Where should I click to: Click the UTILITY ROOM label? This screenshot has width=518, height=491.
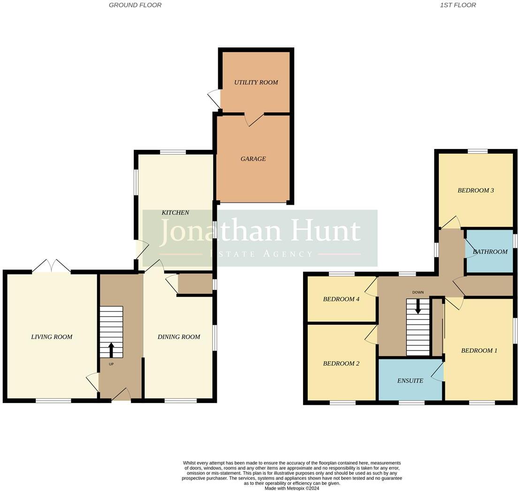(256, 82)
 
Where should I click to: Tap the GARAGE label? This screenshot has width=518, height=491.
(253, 159)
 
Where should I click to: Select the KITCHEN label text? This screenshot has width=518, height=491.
(175, 213)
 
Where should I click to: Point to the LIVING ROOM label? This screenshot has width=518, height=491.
(52, 337)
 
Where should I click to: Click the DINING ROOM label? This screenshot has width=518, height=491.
(179, 337)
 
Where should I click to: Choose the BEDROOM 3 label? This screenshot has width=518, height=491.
(475, 191)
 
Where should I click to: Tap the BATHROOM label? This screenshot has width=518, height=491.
(490, 252)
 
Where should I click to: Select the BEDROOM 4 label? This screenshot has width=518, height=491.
(341, 299)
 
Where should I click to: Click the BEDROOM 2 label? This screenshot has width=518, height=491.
(341, 364)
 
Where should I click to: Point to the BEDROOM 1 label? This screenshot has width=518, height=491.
(479, 351)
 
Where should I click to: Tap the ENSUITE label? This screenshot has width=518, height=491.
(410, 381)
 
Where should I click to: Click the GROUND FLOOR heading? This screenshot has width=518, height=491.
(135, 5)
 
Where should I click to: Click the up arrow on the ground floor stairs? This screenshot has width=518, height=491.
(111, 350)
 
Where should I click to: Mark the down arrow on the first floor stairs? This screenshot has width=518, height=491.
(418, 307)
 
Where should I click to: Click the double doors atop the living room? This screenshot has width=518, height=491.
(52, 266)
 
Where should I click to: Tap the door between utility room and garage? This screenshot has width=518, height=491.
(253, 120)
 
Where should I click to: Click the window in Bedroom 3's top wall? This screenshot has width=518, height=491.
(477, 151)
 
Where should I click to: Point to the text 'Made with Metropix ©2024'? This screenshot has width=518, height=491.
(292, 488)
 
